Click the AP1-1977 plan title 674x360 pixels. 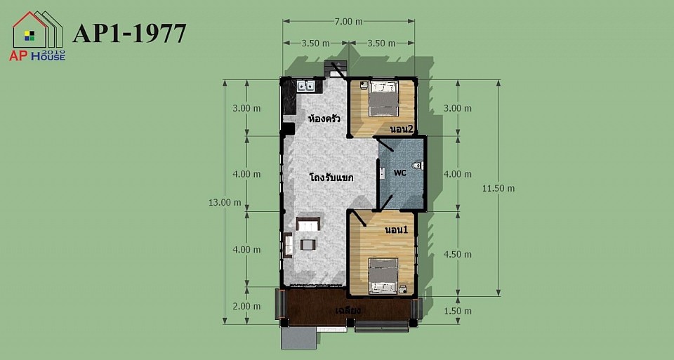[x=129, y=34]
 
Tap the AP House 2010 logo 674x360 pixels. [x=37, y=36]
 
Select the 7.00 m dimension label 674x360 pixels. [x=349, y=22]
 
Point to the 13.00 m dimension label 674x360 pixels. [x=225, y=202]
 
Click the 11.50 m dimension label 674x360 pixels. [x=498, y=188]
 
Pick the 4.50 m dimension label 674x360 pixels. [x=457, y=254]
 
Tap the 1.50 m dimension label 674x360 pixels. [x=457, y=311]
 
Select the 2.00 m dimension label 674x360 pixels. [x=246, y=306]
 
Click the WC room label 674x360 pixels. [x=399, y=173]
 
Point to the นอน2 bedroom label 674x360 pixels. [x=402, y=129]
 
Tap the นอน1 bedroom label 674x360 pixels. [x=396, y=230]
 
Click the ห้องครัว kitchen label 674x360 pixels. [x=324, y=118]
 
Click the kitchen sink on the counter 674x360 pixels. [x=306, y=86]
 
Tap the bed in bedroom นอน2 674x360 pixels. [x=383, y=98]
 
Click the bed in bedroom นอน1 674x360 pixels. [x=383, y=276]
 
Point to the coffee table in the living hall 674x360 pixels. [x=308, y=245]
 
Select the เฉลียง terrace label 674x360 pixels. [x=348, y=310]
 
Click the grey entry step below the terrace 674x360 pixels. [x=299, y=339]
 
